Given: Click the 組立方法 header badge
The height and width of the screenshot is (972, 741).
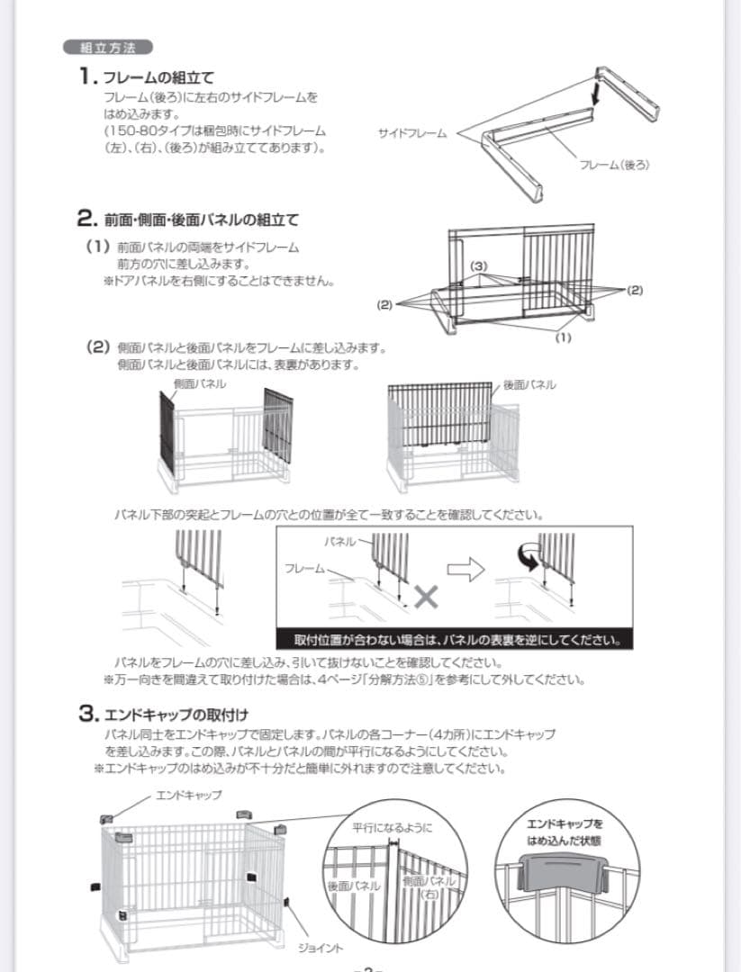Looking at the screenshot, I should [x=107, y=48].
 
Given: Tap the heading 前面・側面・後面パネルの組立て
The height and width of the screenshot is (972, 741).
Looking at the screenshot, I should [x=200, y=219].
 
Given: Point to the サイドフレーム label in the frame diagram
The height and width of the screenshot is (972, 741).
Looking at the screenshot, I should [x=413, y=133].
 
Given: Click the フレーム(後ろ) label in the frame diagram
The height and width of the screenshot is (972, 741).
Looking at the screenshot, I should [x=614, y=164].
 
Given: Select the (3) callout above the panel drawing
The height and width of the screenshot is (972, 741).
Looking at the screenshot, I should [x=479, y=266].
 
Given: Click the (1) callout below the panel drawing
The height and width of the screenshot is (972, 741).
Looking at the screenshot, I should [x=563, y=337].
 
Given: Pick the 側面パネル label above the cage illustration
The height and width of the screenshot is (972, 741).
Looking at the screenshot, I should [x=201, y=384].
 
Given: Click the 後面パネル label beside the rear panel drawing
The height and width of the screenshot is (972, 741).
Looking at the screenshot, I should [x=529, y=384].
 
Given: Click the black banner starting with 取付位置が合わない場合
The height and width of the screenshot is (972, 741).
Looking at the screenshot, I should [x=458, y=641].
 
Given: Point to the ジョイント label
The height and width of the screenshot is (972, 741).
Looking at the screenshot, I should [x=321, y=948].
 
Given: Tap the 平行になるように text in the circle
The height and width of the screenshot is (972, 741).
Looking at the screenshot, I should [x=392, y=827].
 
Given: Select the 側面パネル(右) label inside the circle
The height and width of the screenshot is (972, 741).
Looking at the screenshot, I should [x=430, y=887].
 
